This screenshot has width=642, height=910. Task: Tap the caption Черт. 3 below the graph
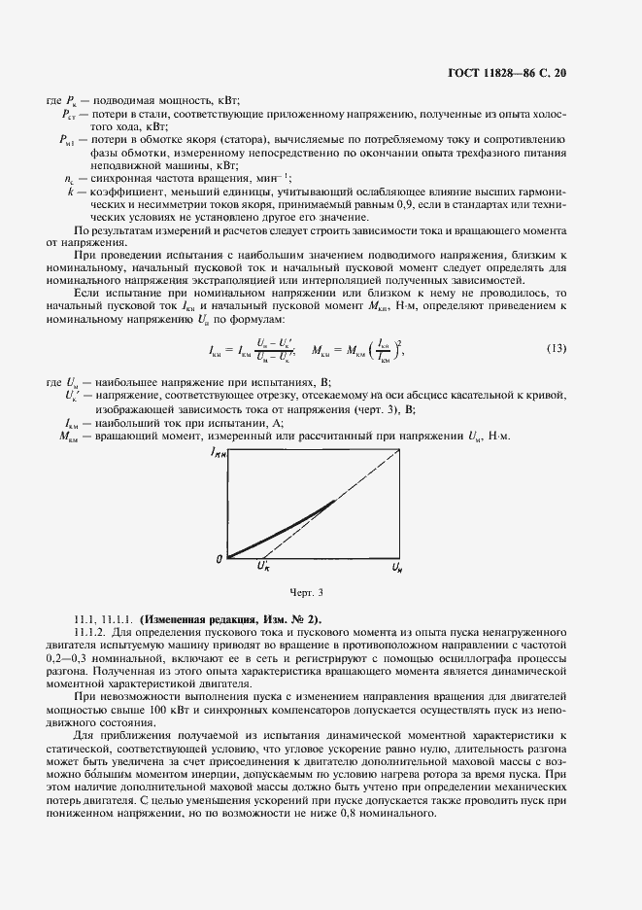305,592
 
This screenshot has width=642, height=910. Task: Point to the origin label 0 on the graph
220,558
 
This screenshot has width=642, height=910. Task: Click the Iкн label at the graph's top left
218,453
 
